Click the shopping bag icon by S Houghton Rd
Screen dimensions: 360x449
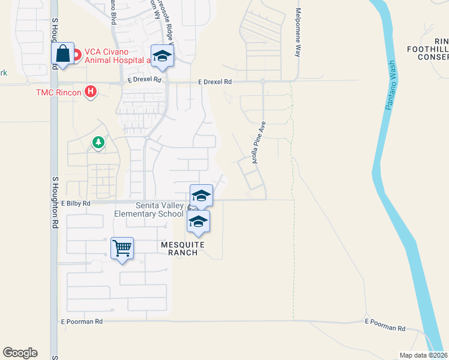click(63, 55)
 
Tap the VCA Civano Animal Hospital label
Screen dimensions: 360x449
click(116, 56)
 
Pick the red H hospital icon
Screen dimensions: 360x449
click(91, 92)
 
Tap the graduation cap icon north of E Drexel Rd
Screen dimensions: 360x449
click(161, 56)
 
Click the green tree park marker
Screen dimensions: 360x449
click(97, 142)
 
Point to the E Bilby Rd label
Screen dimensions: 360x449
click(75, 204)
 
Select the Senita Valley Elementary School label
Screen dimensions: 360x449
click(149, 209)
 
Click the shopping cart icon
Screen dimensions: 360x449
click(122, 248)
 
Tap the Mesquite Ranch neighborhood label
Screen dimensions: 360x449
click(183, 248)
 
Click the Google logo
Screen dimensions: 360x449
click(20, 353)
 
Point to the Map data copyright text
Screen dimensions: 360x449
click(424, 355)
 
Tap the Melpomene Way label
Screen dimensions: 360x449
click(297, 33)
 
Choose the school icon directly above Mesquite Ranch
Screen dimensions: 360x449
click(198, 221)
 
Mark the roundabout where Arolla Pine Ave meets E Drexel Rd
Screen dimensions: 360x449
click(263, 81)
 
